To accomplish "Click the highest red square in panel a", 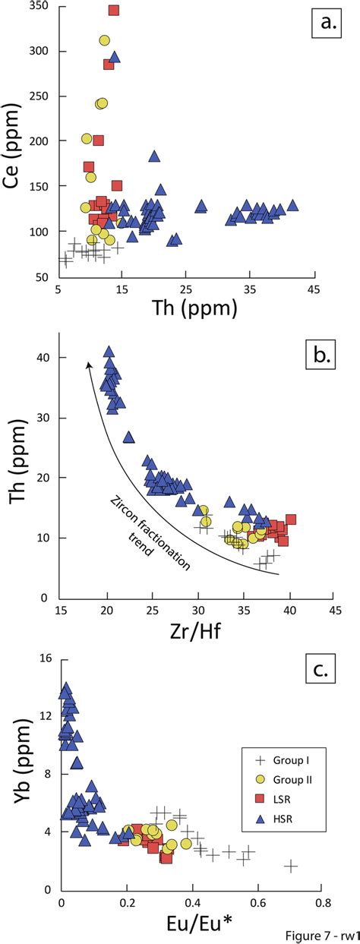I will click(x=114, y=11).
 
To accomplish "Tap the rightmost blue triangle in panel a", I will click(x=292, y=206).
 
